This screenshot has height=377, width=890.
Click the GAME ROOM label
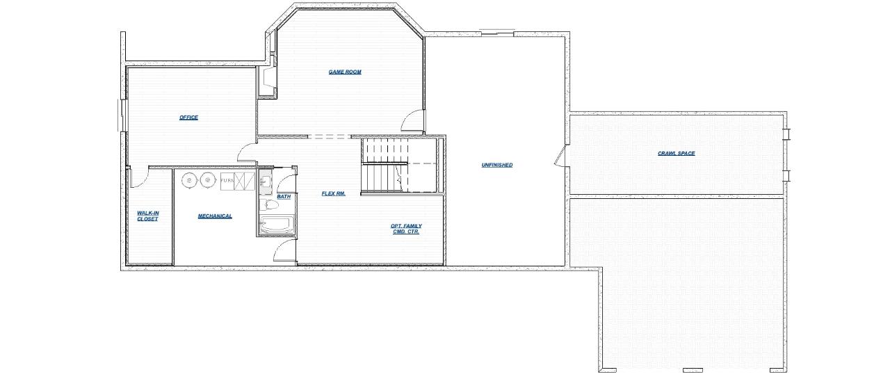click(x=345, y=72)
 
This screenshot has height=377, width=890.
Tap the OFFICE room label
click(x=188, y=118)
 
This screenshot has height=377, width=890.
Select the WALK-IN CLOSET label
click(x=148, y=216)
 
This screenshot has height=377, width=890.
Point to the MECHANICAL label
click(x=215, y=216)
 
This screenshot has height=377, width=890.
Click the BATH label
click(x=284, y=196)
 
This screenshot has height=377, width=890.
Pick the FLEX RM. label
click(x=333, y=193)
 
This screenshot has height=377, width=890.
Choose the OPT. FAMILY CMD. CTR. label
click(x=406, y=229)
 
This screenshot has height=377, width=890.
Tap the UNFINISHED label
click(x=497, y=165)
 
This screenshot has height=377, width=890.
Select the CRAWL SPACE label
click(x=677, y=154)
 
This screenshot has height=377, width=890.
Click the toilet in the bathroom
click(x=269, y=204)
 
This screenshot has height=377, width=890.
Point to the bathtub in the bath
click(x=277, y=224)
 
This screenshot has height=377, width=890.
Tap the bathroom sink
click(x=266, y=182)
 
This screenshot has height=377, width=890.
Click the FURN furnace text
click(x=227, y=181)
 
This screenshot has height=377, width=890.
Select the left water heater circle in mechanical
click(x=190, y=180)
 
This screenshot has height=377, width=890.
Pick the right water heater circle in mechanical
click(x=207, y=180)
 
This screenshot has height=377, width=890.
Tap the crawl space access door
click(x=560, y=156)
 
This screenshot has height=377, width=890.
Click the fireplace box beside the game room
click(x=266, y=81)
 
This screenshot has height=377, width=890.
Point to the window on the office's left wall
click(x=121, y=115)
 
